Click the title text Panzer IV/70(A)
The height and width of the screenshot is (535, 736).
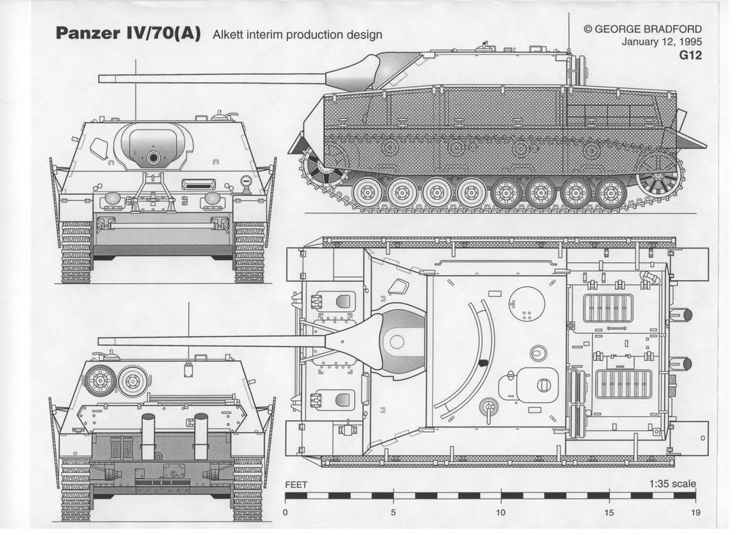click(x=128, y=34)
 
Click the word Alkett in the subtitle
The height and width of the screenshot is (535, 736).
click(x=229, y=34)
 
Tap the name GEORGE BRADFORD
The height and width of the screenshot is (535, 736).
click(x=648, y=29)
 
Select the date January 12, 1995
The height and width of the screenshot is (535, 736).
click(x=661, y=42)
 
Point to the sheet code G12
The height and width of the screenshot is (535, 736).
click(x=690, y=55)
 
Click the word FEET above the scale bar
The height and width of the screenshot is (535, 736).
click(x=298, y=485)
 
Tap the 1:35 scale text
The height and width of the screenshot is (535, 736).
click(x=672, y=484)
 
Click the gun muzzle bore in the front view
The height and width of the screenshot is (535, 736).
click(x=153, y=157)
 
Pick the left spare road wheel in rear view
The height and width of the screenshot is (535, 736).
click(x=100, y=380)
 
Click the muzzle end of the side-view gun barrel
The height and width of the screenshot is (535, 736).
click(x=101, y=78)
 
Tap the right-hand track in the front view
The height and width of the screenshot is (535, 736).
click(x=250, y=252)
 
